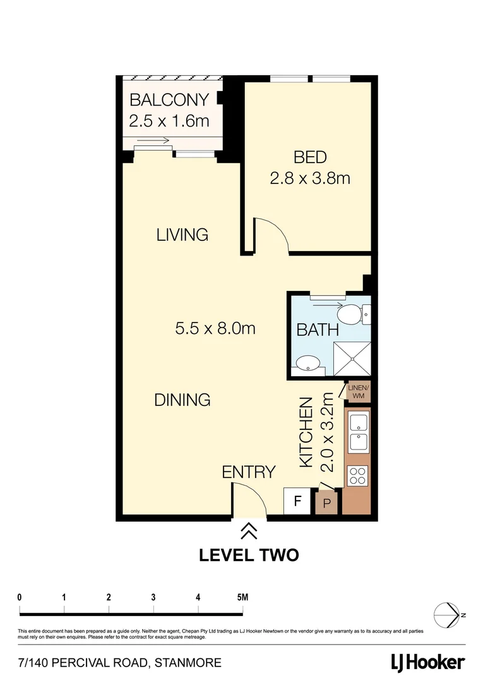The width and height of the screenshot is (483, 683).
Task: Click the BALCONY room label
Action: coord(169,100)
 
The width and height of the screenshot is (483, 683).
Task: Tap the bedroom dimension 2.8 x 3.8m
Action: coord(309,178)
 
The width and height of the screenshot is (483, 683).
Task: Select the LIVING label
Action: coord(182,235)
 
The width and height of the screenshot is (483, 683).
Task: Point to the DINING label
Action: coord(182,400)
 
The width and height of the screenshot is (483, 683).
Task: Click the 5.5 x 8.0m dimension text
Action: coord(215,328)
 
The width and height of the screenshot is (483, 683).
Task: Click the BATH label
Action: coord(318,329)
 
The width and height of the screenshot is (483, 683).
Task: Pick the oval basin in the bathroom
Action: coord(307,364)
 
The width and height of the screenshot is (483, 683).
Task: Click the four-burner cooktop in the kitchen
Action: coord(357,476)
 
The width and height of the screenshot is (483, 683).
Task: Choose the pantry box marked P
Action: coord(327,504)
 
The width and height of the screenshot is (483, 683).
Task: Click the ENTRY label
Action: coord(248,472)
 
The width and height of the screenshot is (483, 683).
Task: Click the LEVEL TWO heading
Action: coord(248,555)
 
